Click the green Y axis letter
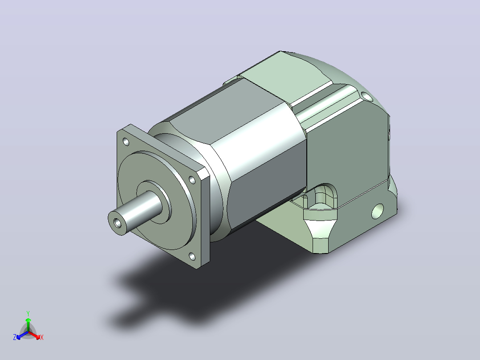28,314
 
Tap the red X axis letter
42,337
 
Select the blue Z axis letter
15,337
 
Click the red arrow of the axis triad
35,335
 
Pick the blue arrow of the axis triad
22,335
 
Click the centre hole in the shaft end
118,223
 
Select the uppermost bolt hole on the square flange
126,142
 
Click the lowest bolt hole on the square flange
192,256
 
